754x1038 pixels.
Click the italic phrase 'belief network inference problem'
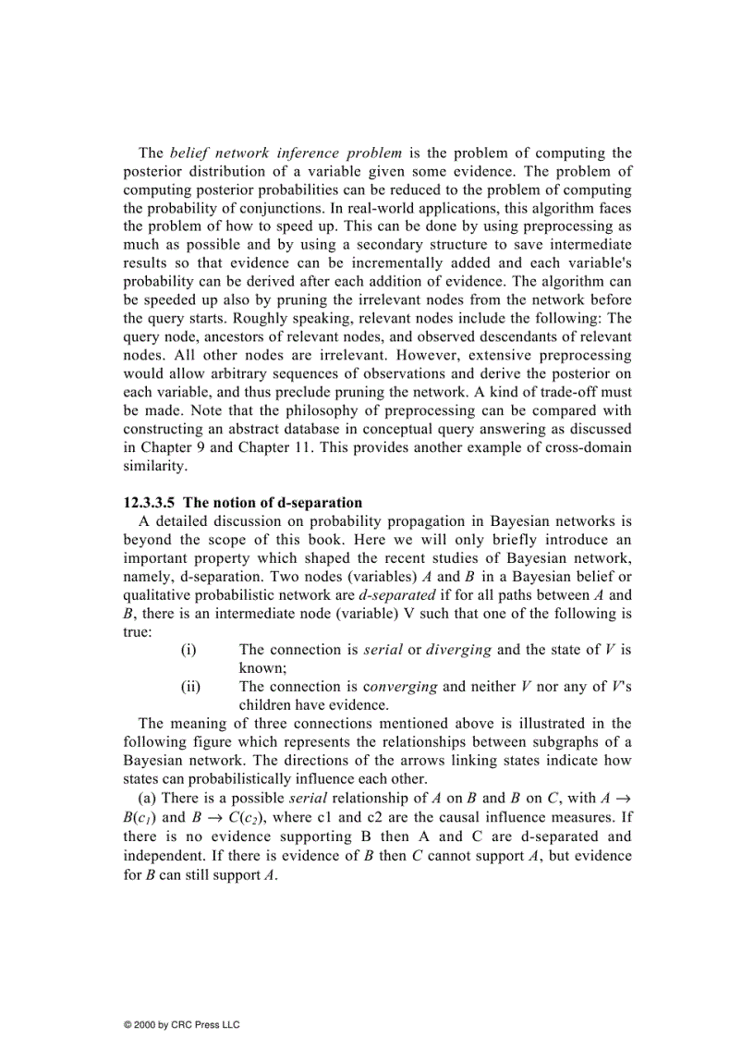click(286, 153)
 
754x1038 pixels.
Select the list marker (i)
click(188, 650)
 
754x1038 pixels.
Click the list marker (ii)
click(189, 687)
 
